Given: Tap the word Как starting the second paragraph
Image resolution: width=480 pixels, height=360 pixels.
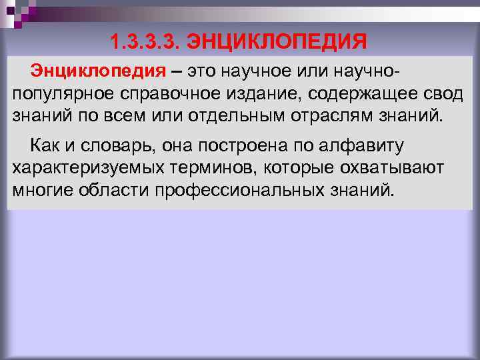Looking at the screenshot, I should pos(43,146).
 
